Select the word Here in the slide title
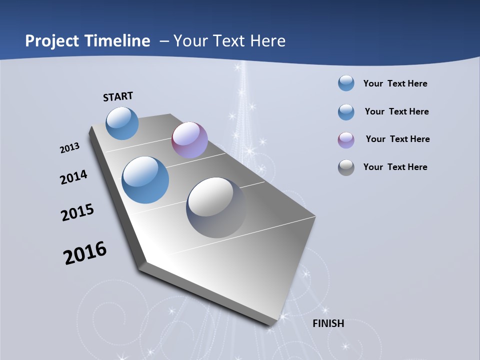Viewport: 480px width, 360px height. [x=267, y=41]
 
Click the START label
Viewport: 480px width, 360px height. [x=118, y=96]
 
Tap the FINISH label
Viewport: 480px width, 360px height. [x=328, y=323]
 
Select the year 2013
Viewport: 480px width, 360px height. [x=69, y=148]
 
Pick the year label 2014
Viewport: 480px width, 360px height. [x=73, y=177]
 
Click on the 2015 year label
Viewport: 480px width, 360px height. [x=77, y=212]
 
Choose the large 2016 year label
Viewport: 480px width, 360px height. [x=85, y=252]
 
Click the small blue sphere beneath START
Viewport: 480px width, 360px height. [x=122, y=123]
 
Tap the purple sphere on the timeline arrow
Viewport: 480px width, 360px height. [x=189, y=140]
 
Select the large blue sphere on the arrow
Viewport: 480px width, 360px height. [x=145, y=179]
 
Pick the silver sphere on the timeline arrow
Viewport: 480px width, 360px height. [x=216, y=207]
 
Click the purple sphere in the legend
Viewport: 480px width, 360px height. [x=346, y=140]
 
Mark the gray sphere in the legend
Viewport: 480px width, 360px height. [x=346, y=167]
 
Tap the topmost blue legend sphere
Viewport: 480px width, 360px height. [x=346, y=83]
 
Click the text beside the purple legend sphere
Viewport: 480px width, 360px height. [x=397, y=139]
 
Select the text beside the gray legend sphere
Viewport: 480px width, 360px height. [x=395, y=167]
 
